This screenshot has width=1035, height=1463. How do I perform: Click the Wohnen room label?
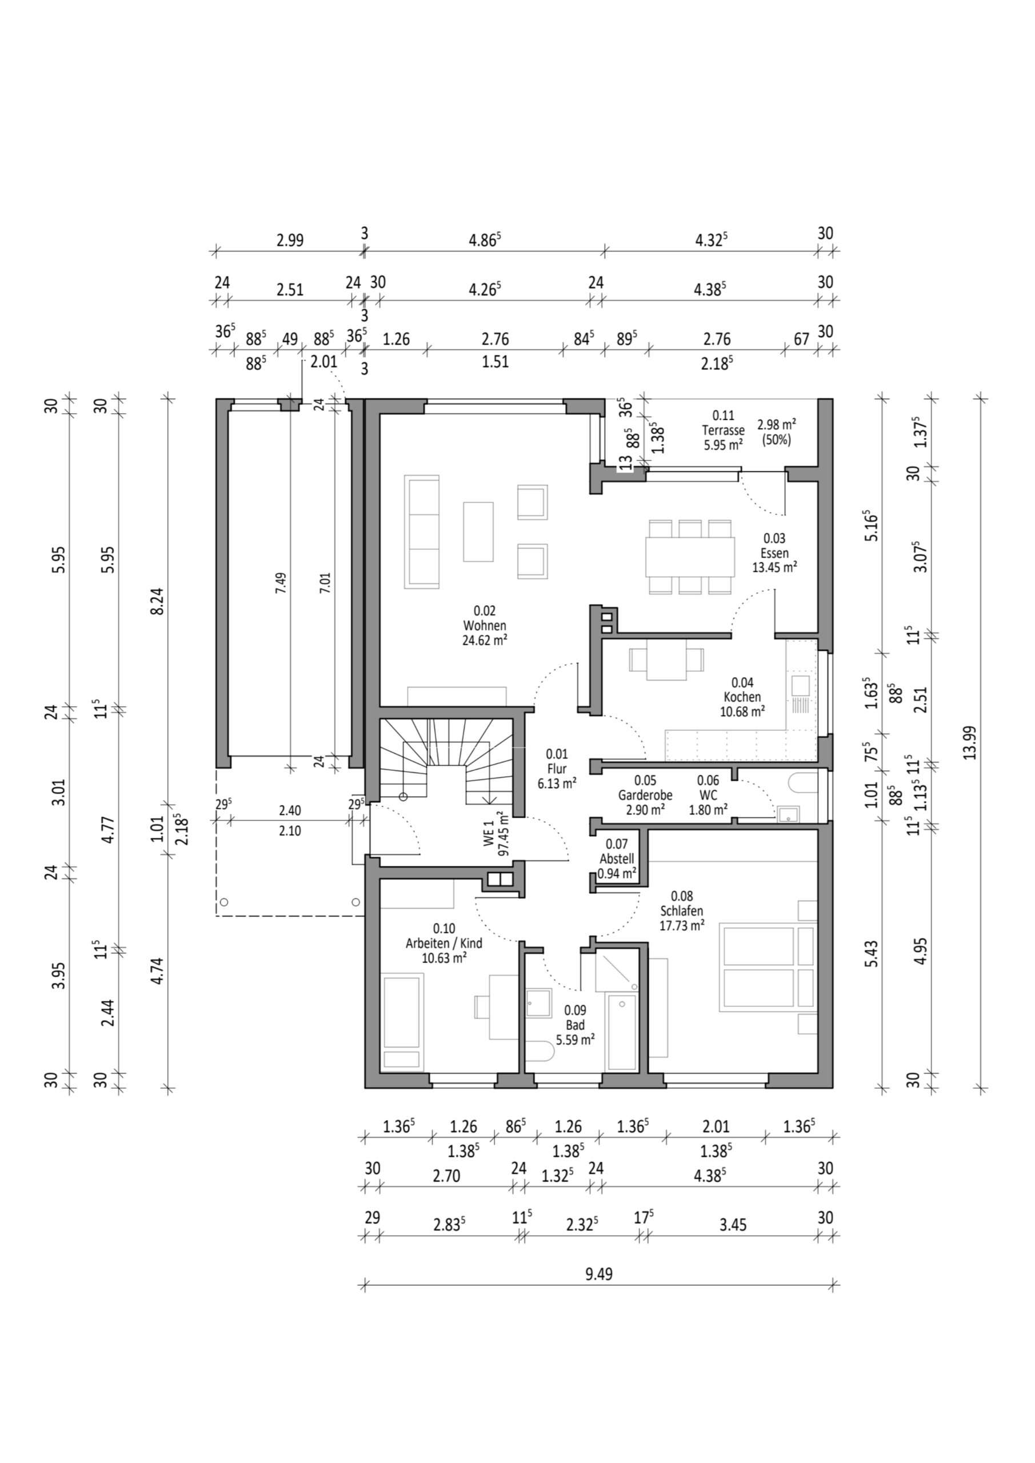click(485, 626)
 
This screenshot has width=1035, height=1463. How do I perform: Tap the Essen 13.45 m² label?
click(774, 553)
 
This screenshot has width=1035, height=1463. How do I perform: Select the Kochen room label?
click(742, 697)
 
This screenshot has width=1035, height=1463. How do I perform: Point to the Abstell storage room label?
click(616, 859)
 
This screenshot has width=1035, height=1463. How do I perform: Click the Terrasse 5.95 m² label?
click(723, 430)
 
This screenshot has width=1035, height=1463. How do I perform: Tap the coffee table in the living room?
click(478, 531)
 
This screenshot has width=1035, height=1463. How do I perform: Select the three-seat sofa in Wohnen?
click(422, 531)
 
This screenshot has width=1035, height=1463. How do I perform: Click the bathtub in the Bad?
click(621, 1031)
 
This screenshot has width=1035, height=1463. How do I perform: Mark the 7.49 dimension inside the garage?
click(281, 583)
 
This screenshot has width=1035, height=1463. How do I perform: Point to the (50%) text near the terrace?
click(776, 439)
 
